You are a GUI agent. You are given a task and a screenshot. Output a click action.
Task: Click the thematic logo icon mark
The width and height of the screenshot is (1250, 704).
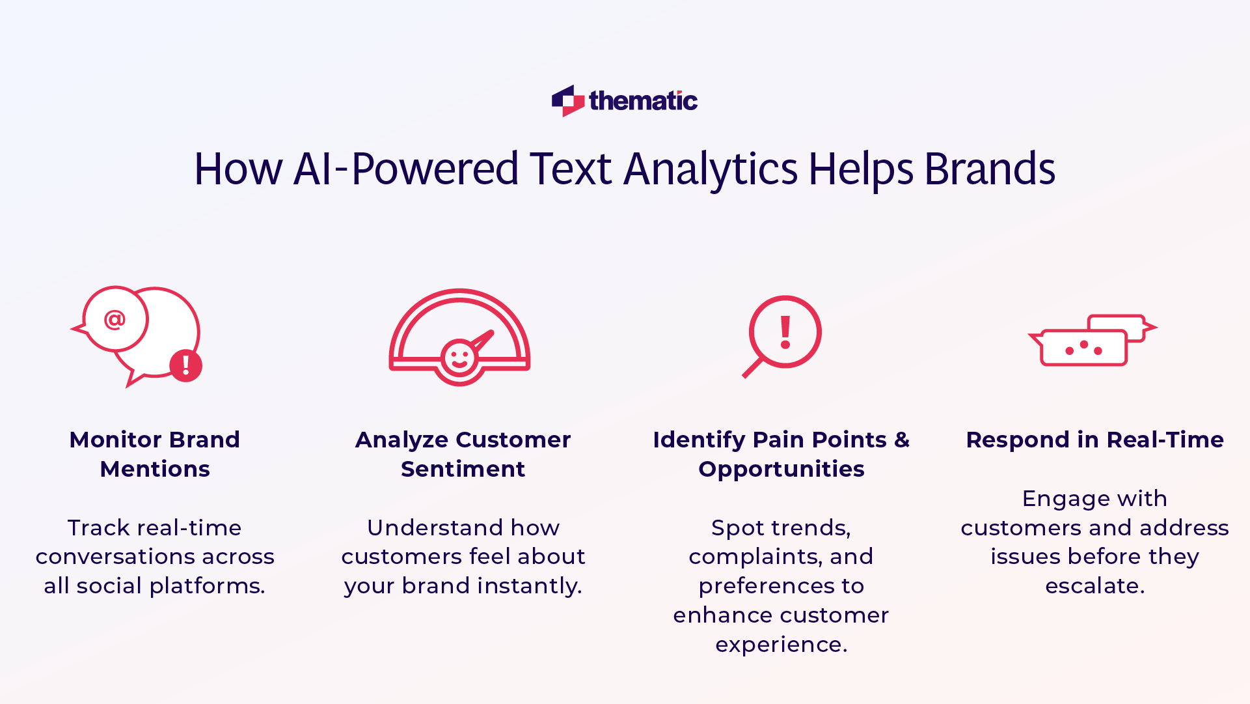pyautogui.click(x=567, y=101)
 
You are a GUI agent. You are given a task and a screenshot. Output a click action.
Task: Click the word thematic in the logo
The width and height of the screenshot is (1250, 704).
pyautogui.click(x=643, y=101)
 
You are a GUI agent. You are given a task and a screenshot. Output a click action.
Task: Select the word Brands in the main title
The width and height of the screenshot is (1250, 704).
pyautogui.click(x=989, y=169)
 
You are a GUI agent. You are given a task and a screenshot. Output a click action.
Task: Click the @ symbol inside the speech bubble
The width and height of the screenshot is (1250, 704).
pyautogui.click(x=115, y=319)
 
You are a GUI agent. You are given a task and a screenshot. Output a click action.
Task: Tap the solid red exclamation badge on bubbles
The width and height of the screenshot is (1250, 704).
pyautogui.click(x=186, y=365)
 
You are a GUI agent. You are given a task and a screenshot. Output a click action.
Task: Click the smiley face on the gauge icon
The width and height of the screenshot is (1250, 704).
pyautogui.click(x=459, y=358)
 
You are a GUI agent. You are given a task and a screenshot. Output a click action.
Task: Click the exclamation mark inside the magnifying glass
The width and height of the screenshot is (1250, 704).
pyautogui.click(x=785, y=332)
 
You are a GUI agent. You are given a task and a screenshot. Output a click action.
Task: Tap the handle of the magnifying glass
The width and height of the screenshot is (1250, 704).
pyautogui.click(x=752, y=368)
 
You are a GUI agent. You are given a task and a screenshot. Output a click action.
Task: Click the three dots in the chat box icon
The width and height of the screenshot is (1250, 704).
pyautogui.click(x=1083, y=348)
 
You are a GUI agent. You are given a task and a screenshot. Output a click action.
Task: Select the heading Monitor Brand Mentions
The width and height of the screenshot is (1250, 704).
pyautogui.click(x=155, y=454)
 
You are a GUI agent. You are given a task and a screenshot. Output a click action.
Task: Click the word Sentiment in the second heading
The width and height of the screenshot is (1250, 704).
pyautogui.click(x=463, y=469)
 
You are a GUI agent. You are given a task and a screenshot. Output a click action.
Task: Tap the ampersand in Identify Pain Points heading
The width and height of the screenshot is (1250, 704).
pyautogui.click(x=902, y=440)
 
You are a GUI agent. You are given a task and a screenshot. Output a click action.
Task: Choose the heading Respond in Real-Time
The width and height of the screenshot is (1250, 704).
pyautogui.click(x=1094, y=440)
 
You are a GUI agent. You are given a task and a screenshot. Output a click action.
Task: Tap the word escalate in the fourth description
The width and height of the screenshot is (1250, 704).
pyautogui.click(x=1094, y=586)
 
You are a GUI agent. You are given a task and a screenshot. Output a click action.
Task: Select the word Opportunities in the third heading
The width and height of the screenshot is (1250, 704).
pyautogui.click(x=781, y=469)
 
